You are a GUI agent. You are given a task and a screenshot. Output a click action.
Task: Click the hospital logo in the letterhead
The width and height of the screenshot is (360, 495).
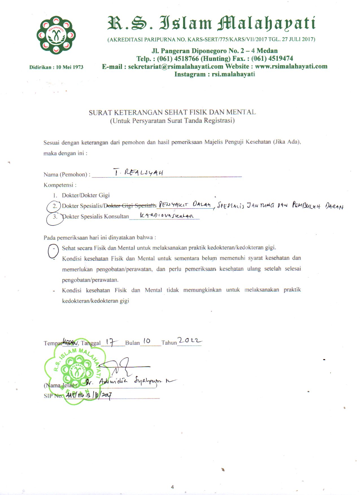click(x=56, y=35)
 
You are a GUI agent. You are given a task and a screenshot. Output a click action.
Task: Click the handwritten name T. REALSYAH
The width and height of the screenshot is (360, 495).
click(x=138, y=172)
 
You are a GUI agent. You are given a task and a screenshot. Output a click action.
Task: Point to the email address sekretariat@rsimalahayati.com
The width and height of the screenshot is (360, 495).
click(x=175, y=67)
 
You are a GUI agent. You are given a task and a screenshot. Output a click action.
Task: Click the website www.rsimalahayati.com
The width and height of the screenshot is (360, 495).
click(x=291, y=67)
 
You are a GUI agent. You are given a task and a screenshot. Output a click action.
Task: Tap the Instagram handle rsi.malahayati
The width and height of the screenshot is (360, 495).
click(x=233, y=74)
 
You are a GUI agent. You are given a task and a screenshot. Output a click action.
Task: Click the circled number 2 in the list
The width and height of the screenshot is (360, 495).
click(x=55, y=206)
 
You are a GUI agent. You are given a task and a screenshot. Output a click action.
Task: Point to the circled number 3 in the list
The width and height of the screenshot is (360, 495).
click(x=55, y=217)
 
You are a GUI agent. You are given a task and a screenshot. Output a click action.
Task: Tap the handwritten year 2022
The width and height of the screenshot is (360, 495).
click(x=189, y=341)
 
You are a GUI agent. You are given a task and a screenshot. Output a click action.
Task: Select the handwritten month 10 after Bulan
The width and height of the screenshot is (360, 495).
click(x=147, y=341)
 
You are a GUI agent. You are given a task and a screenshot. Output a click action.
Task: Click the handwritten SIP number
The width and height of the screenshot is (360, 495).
click(x=89, y=396)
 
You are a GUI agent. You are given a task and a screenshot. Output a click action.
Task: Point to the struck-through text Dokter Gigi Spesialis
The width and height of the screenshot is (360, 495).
click(x=130, y=206)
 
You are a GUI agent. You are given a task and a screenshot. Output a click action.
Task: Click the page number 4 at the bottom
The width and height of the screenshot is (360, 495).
click(x=173, y=487)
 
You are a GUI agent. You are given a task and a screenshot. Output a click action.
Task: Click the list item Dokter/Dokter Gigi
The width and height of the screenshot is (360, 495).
click(x=86, y=195)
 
